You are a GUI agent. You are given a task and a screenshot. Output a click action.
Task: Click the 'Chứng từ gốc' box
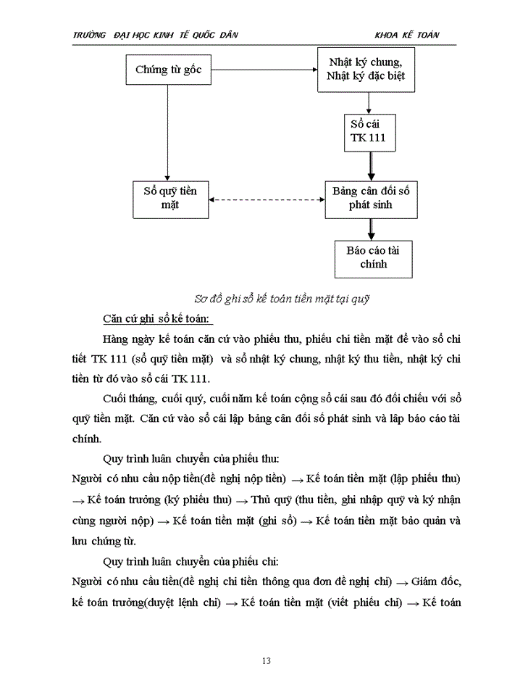tap(167, 70)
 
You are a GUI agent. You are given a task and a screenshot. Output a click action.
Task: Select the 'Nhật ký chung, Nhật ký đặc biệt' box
tap(366, 69)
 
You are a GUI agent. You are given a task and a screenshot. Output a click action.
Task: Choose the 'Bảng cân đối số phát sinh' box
tap(371, 198)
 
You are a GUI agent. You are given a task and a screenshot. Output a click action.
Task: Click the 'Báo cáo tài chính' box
tap(373, 258)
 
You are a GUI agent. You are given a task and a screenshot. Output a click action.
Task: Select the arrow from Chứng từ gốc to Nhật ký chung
tap(260, 70)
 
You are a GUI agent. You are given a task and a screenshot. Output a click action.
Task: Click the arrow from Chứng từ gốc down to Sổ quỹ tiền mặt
tap(167, 134)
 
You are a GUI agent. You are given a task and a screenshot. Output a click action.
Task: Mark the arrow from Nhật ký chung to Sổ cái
tap(370, 101)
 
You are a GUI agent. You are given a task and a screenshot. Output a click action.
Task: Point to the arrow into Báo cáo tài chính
tap(372, 228)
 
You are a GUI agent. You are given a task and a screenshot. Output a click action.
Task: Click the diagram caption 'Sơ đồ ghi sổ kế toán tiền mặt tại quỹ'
tap(288, 298)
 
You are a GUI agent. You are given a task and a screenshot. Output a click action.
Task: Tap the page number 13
tap(266, 660)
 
